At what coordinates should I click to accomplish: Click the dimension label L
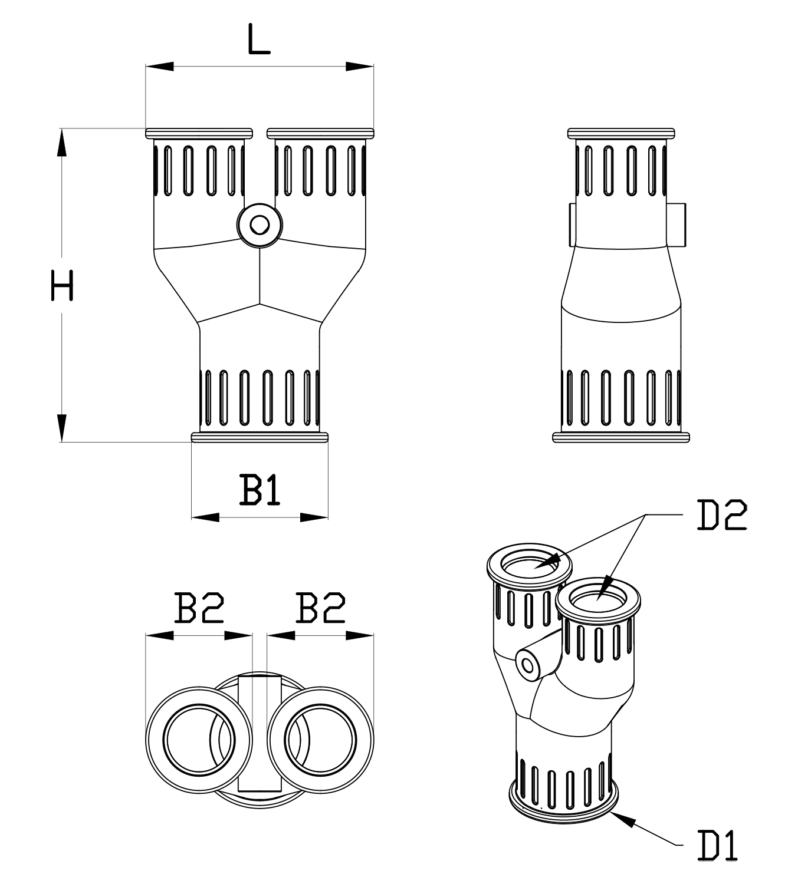tap(258, 39)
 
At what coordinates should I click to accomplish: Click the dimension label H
tap(62, 286)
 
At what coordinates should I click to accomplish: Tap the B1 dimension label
tap(260, 490)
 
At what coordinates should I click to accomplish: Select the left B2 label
tap(199, 608)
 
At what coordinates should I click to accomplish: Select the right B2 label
tap(320, 608)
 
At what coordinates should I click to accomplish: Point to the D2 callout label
tap(722, 514)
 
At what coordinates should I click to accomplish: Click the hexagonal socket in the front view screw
tap(260, 225)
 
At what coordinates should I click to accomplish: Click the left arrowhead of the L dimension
tap(159, 67)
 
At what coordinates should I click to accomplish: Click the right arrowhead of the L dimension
tap(360, 67)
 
